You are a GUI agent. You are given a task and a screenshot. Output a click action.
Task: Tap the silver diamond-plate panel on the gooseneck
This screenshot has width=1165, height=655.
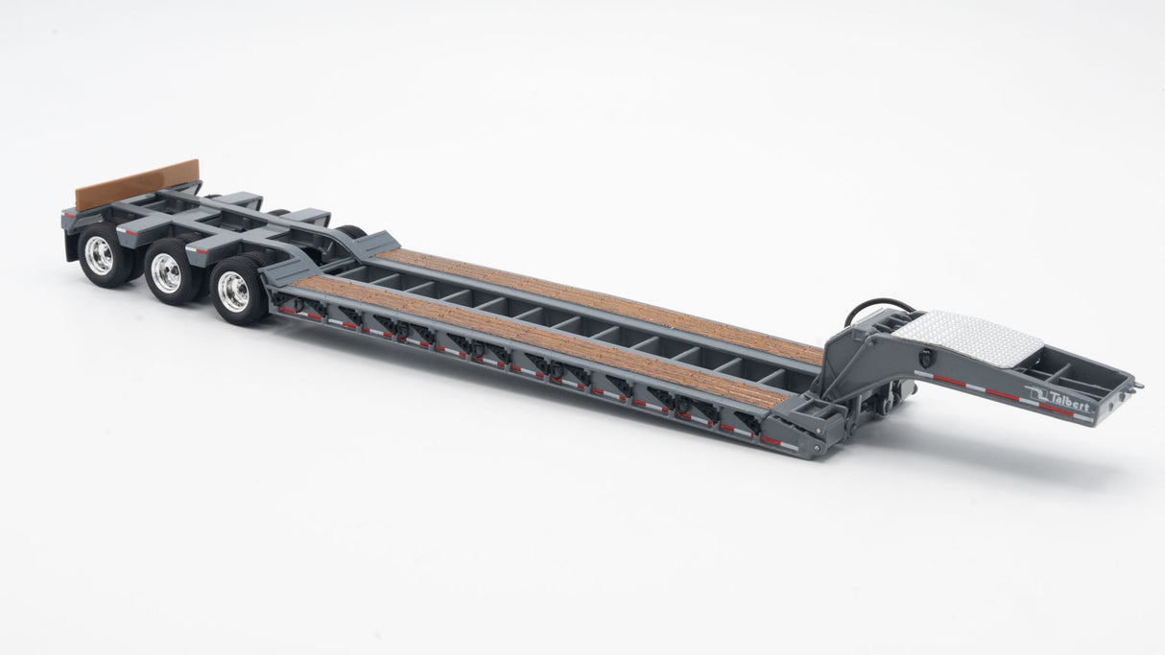tap(968, 338)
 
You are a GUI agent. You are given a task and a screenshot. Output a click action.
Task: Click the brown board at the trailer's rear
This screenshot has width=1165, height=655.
tap(137, 184)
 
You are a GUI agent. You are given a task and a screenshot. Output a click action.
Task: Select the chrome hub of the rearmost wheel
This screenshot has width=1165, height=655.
tap(99, 255)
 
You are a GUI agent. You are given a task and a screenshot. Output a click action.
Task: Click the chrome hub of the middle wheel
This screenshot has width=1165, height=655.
tap(166, 273)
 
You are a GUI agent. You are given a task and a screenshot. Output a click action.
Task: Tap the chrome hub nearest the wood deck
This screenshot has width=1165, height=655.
tap(233, 292)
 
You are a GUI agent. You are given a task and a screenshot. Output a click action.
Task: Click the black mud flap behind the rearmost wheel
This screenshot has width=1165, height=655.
tap(70, 246)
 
